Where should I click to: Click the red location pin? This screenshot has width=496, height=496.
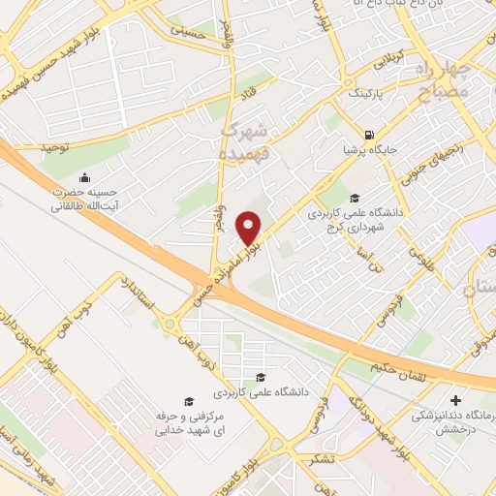pyautogui.click(x=250, y=228)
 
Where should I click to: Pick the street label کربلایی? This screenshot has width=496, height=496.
pyautogui.click(x=380, y=62)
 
